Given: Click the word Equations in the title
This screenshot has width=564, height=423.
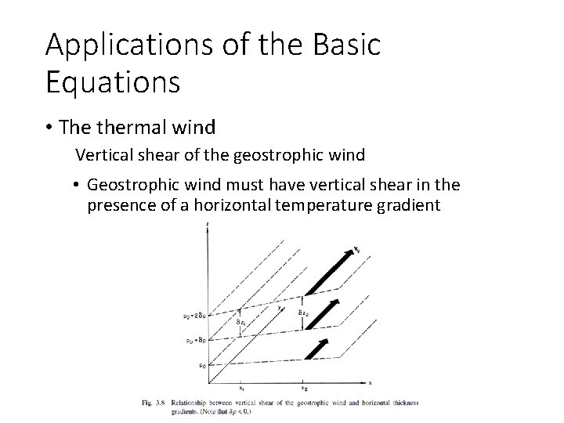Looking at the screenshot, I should click(113, 81).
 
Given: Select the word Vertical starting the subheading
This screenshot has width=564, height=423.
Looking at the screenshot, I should click(103, 155).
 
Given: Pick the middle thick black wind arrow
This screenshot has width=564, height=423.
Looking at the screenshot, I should click(322, 312).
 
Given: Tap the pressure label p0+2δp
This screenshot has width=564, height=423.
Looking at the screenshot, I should click(195, 316).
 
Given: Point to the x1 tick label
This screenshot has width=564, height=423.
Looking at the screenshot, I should click(241, 387).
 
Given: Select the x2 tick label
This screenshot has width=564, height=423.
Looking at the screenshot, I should click(304, 387).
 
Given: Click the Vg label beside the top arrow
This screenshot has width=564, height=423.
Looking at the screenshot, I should click(357, 250).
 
